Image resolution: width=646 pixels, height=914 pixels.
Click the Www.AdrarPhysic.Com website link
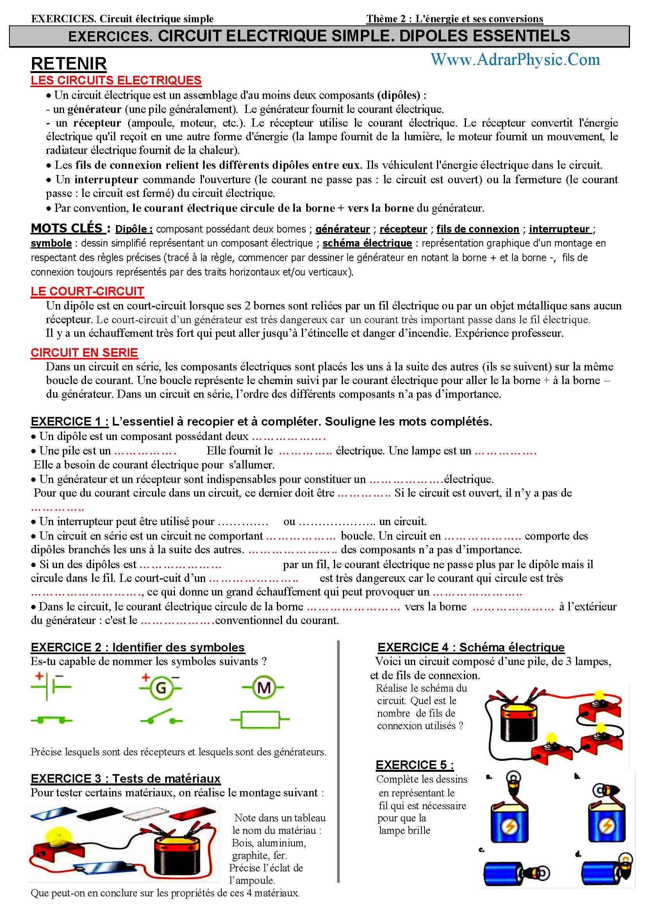point(515,60)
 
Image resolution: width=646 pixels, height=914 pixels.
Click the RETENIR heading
point(69,64)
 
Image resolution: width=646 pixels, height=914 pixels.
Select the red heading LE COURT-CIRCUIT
point(87,292)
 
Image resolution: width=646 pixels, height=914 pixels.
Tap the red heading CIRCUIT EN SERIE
point(84,353)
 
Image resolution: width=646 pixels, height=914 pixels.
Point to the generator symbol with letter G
point(161,687)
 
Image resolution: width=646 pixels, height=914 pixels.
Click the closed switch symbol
point(51,720)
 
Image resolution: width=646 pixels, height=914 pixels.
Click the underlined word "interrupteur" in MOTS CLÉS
point(559,229)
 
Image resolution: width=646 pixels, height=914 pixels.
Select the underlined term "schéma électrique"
point(367,243)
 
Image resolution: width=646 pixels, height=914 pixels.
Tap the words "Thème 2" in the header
point(387,19)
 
